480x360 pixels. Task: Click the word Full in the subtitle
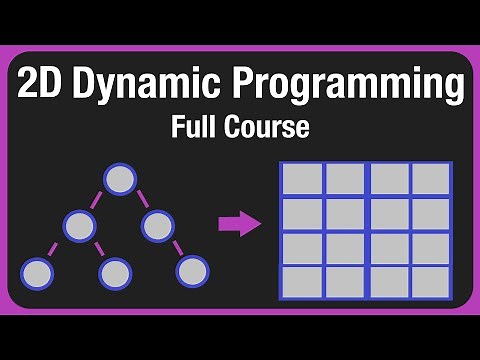coord(200,129)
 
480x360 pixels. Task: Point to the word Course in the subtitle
coord(269,129)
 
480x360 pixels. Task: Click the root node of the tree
coord(120,180)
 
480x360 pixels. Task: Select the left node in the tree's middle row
coord(80,225)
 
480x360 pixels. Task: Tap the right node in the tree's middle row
coord(158,225)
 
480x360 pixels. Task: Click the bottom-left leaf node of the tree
coord(37,271)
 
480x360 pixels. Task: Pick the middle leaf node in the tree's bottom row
coord(115,271)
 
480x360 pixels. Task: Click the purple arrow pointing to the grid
coord(239,224)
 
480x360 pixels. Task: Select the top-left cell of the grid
coord(301,180)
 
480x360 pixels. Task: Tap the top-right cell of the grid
coord(431,180)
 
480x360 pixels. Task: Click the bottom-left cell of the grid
coord(301,281)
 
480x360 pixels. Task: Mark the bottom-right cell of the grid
coord(431,281)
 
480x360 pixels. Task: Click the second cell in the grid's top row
coord(345,180)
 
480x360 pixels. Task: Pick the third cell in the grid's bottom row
coord(389,281)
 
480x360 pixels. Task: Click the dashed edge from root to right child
coord(139,203)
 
